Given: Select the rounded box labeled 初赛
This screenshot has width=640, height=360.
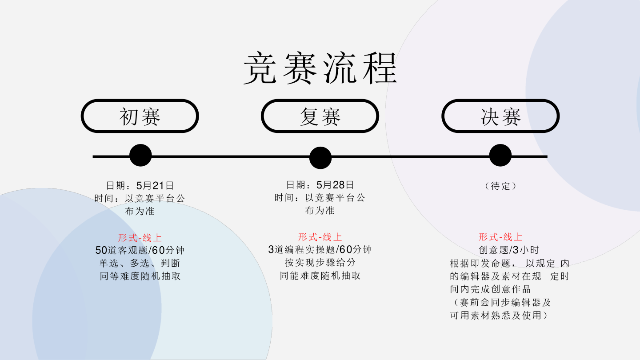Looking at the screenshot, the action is (x=140, y=116).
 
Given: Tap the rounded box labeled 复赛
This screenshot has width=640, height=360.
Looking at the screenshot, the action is (x=320, y=116).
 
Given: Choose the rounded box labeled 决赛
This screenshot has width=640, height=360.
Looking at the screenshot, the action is (x=500, y=116).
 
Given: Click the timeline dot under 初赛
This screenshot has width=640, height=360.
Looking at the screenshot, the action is (x=140, y=156).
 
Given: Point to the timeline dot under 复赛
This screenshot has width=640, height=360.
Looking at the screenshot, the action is (x=320, y=158).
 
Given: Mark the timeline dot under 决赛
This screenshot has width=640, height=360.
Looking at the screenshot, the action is (x=500, y=156).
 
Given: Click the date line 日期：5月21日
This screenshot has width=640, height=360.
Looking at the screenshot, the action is (x=140, y=185).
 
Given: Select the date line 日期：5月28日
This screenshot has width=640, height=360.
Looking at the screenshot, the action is (x=320, y=185).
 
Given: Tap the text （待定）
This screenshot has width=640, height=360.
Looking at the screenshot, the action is (x=500, y=186).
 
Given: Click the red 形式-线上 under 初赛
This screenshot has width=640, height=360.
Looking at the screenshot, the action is (x=140, y=238).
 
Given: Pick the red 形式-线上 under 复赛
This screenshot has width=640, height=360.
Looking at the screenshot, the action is (x=320, y=237).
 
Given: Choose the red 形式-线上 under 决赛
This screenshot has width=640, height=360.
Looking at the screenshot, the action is (x=500, y=237).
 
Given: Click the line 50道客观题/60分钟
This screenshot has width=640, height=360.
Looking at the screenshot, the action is (x=140, y=250).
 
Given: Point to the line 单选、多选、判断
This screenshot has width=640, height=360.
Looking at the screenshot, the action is (x=140, y=263).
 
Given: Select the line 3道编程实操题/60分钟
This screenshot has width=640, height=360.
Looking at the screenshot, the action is (x=320, y=250).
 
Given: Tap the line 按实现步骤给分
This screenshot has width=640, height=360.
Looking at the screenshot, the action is (x=320, y=263).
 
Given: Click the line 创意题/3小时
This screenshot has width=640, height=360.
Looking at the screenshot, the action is (x=508, y=250).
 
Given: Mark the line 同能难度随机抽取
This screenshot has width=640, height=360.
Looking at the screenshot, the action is (x=320, y=276).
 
